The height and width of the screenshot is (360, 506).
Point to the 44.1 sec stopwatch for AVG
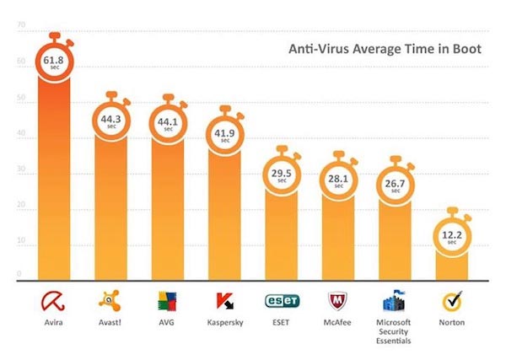168,122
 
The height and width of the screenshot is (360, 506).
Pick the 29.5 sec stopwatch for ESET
282,173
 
